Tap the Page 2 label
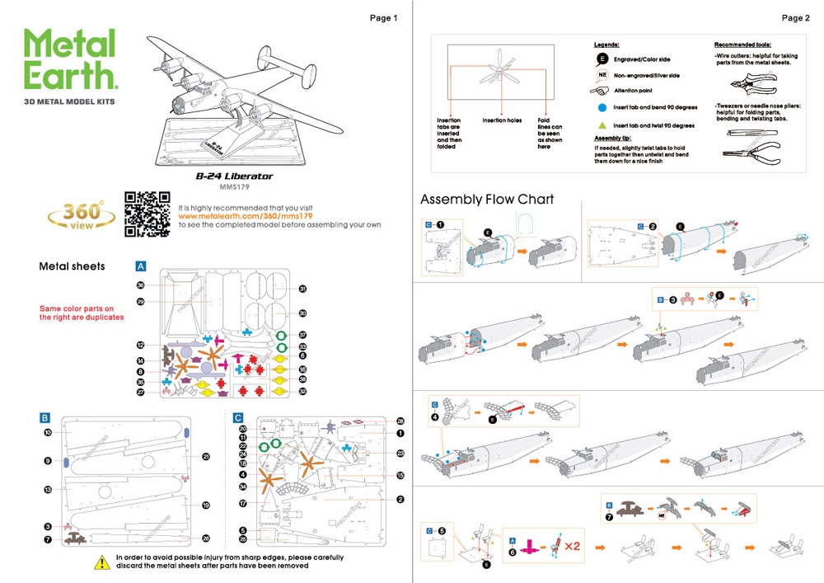click(x=795, y=17)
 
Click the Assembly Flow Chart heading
click(x=487, y=200)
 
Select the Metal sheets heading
click(x=72, y=266)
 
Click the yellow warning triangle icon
click(x=102, y=562)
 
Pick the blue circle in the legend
click(x=603, y=107)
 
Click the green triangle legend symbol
click(x=603, y=125)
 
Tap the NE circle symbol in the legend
click(x=602, y=75)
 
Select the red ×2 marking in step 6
click(x=574, y=546)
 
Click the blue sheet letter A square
click(x=141, y=266)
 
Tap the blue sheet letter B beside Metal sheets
click(x=46, y=418)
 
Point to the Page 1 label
click(x=383, y=17)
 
